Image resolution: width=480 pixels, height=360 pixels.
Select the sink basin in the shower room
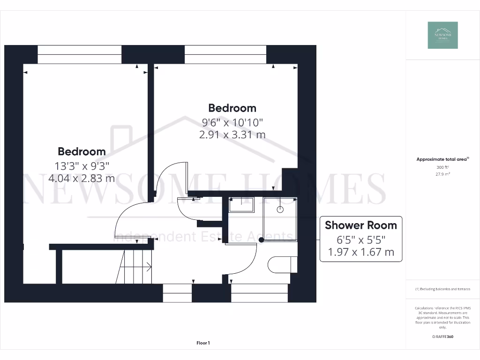[241, 205]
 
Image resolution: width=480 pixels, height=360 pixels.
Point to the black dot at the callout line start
[261, 240]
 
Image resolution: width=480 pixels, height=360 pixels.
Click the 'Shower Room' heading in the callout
[360, 225]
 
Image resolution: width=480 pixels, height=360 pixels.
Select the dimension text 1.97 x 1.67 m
[360, 253]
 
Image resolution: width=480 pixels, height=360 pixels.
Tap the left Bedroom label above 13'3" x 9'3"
[82, 151]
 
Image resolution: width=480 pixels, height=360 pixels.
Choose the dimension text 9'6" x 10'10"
[232, 122]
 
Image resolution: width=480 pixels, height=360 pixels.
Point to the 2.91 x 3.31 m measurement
[232, 135]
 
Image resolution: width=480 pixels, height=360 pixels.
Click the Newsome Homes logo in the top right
[442, 35]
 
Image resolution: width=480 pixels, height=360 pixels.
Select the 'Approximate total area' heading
[442, 159]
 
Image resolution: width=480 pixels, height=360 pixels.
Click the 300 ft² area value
[442, 167]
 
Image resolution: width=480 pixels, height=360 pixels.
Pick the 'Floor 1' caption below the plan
[203, 343]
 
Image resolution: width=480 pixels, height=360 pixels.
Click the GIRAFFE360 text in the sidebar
[442, 337]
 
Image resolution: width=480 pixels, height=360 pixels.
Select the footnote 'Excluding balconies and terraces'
[442, 289]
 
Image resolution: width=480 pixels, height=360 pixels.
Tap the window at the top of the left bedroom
[79, 54]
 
